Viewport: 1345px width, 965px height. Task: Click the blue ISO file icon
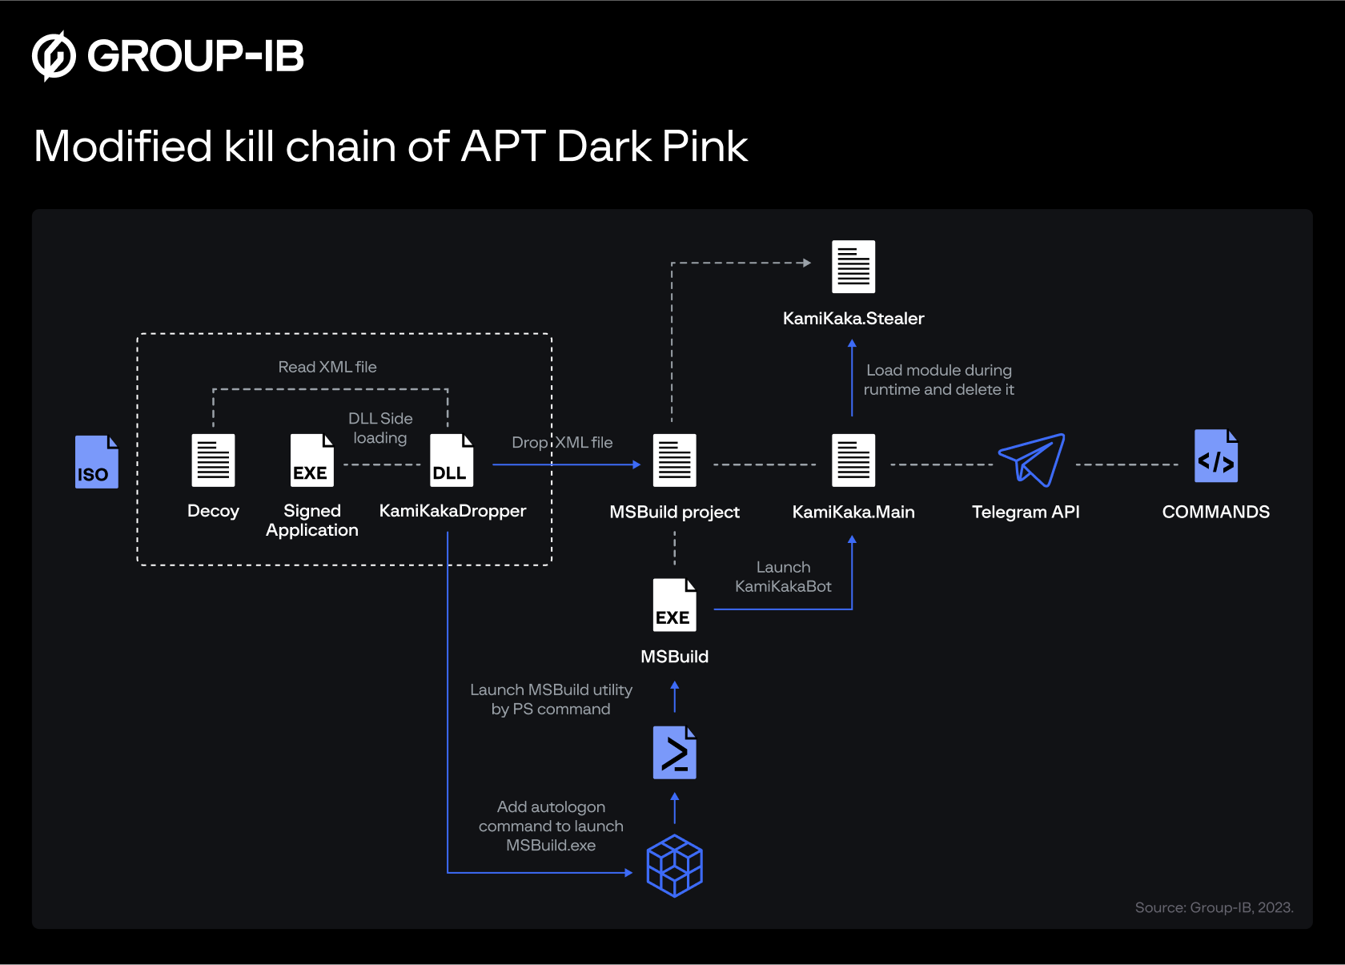point(96,462)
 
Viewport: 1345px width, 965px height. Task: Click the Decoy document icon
point(213,460)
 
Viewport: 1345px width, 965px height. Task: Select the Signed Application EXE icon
point(311,460)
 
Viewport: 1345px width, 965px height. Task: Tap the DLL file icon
point(452,460)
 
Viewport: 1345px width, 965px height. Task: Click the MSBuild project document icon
point(674,460)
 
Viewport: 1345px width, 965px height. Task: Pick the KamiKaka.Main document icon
point(853,460)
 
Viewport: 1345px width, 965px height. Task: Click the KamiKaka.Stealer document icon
point(853,267)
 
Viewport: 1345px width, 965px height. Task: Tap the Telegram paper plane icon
point(1031,460)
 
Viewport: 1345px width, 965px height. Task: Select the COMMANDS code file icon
point(1215,456)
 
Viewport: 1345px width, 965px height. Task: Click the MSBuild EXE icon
point(674,605)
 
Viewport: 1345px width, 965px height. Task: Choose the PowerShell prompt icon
point(674,753)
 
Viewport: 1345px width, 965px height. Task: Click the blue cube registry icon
point(674,866)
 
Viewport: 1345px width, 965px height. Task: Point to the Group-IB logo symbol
point(54,56)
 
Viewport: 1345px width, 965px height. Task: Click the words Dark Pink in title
point(652,147)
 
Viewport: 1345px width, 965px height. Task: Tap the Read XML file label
point(327,367)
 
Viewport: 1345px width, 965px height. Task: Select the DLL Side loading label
point(380,428)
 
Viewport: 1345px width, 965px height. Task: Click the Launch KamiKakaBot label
point(783,577)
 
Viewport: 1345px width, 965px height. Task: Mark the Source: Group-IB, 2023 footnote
point(1214,907)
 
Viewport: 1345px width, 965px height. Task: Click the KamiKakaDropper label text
point(452,511)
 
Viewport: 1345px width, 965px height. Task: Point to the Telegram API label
point(1026,512)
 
